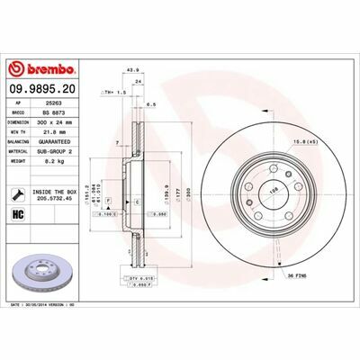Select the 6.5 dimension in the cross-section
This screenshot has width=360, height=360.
pyautogui.click(x=154, y=104)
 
